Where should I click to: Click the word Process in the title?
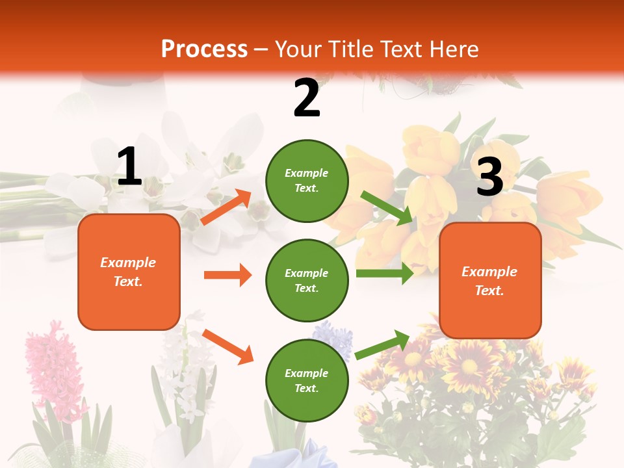click(x=204, y=49)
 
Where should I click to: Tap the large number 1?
click(x=129, y=167)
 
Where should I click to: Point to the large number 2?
click(x=307, y=98)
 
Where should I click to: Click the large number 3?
click(x=489, y=177)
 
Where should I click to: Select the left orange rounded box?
click(x=129, y=272)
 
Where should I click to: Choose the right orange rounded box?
click(x=490, y=280)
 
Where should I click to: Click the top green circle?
click(x=307, y=181)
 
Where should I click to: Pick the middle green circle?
click(x=307, y=280)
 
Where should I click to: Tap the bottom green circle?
click(x=307, y=380)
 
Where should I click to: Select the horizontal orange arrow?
click(x=227, y=275)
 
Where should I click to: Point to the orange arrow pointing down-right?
click(x=227, y=346)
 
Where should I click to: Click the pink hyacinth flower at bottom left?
click(x=52, y=370)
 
